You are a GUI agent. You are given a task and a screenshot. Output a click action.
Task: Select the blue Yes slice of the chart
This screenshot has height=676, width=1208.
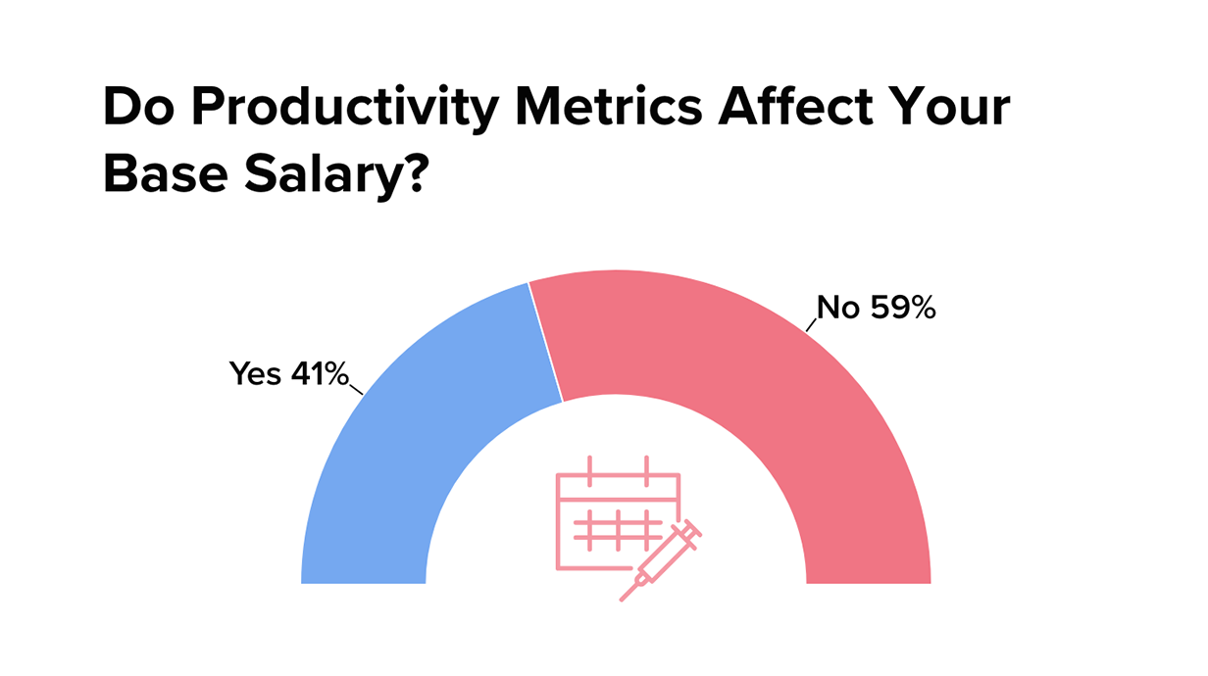[412, 431]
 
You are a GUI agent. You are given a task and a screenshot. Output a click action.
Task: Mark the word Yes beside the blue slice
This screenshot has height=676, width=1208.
[255, 373]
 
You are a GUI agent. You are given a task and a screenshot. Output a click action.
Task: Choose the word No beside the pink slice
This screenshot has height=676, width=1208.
[838, 309]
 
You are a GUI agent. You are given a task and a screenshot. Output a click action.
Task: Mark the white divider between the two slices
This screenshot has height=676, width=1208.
[546, 343]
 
